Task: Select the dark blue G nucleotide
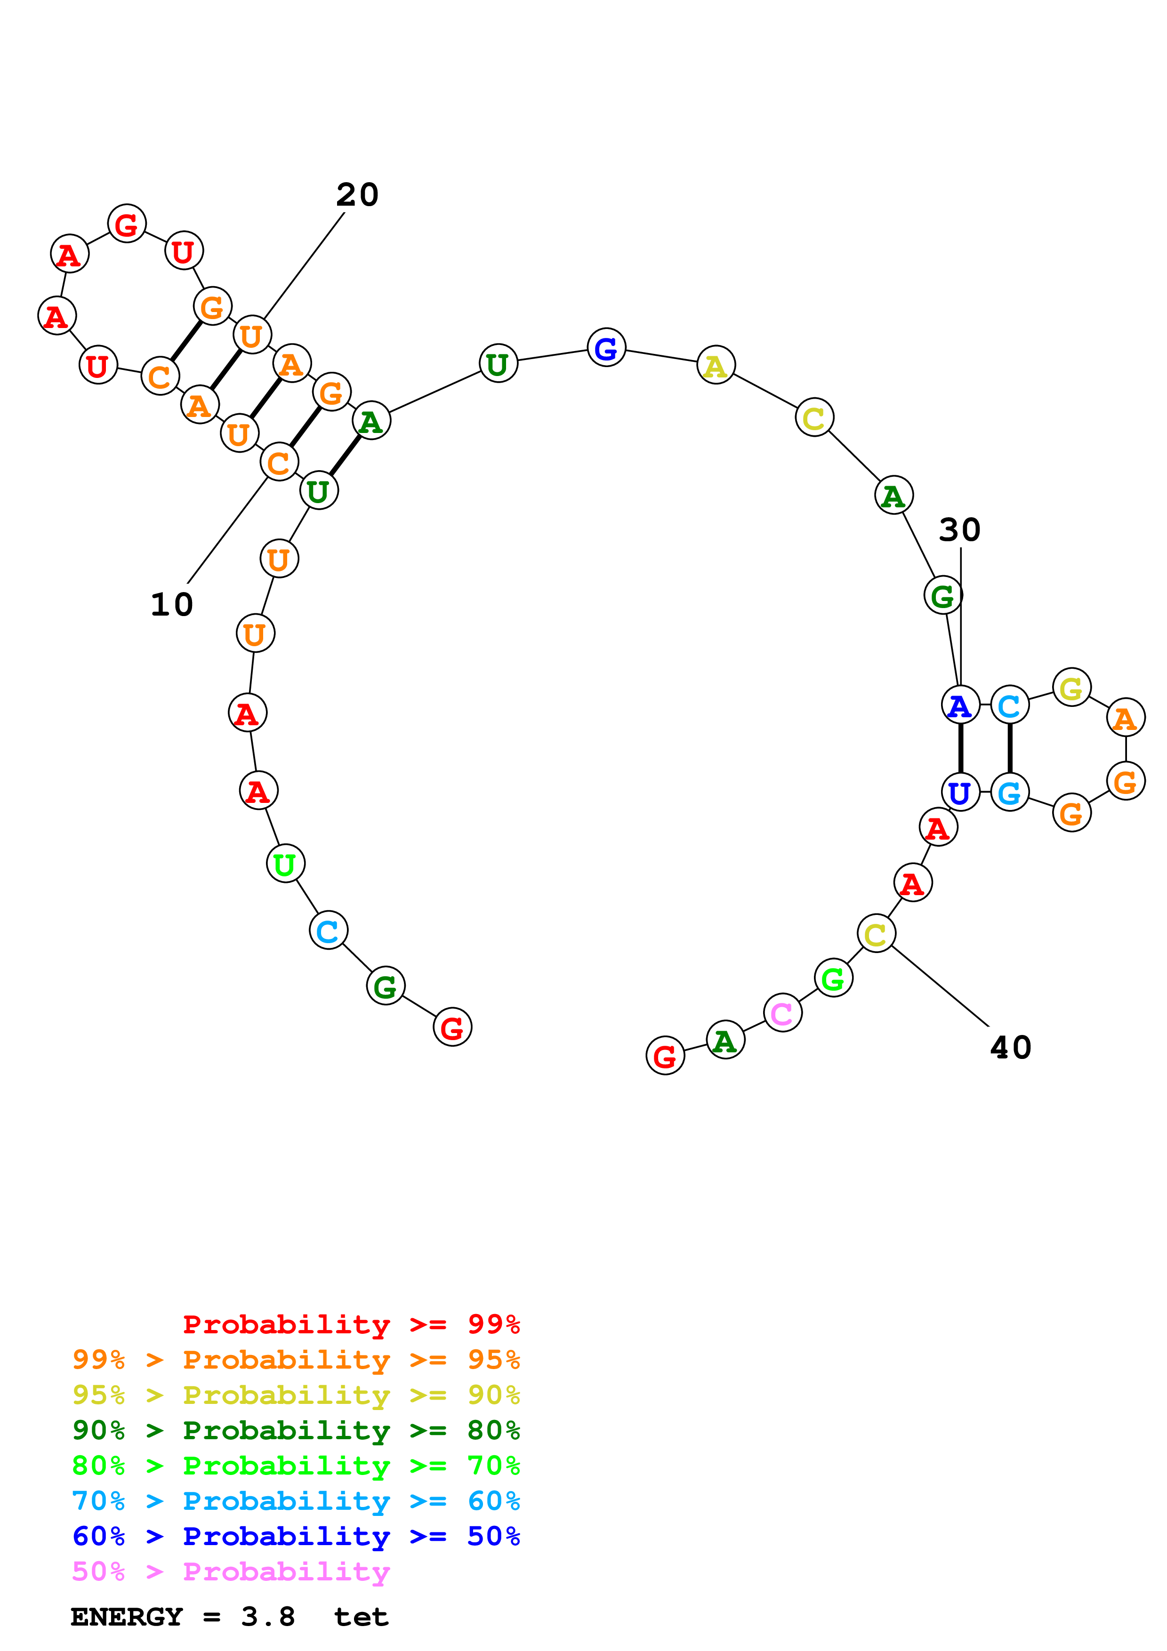point(606,348)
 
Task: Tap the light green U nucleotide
point(285,864)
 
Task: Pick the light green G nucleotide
point(833,978)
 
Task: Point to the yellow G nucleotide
point(1071,688)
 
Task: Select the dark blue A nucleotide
point(960,705)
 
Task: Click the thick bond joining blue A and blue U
point(960,749)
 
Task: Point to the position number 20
point(357,195)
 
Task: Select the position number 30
point(959,530)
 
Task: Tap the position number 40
point(1010,1048)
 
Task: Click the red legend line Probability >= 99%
point(351,1324)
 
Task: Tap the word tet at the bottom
point(361,1617)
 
